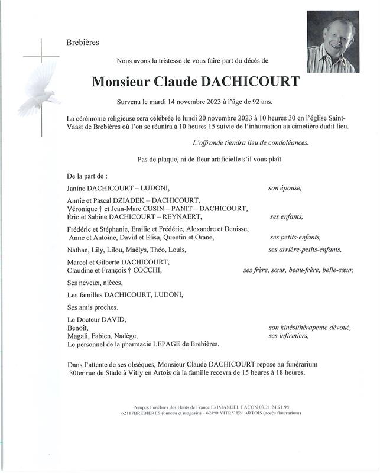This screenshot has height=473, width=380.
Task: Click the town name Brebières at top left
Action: [83, 42]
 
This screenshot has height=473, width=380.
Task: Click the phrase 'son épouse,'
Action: [285, 188]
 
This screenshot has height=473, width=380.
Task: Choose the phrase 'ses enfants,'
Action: [286, 217]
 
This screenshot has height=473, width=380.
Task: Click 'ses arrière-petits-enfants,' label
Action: [305, 250]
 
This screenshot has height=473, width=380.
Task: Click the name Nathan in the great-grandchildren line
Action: [80, 250]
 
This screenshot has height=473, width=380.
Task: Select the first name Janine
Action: [79, 188]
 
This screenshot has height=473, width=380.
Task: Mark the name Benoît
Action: [78, 328]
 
